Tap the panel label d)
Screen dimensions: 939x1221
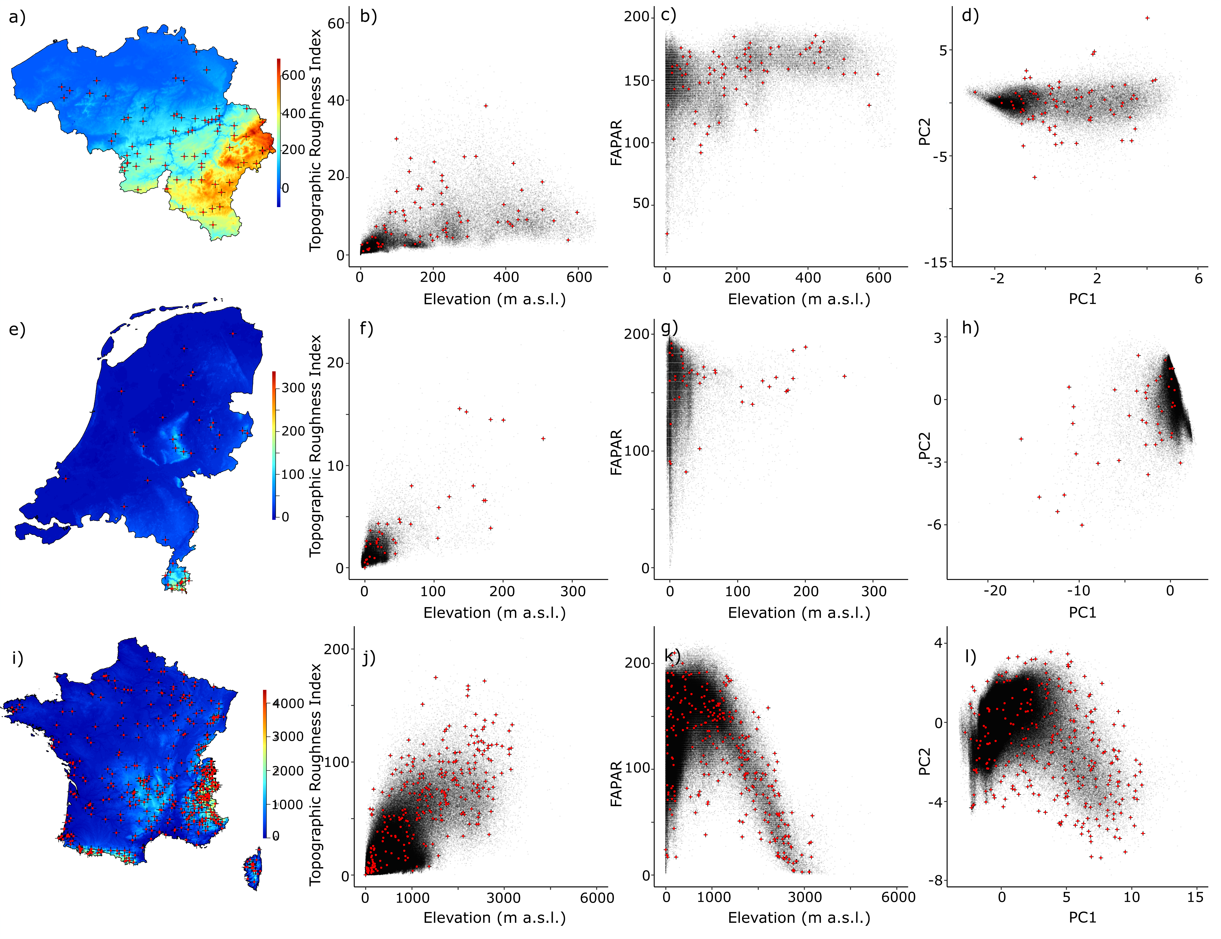[x=970, y=16]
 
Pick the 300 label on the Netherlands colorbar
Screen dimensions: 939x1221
[x=293, y=388]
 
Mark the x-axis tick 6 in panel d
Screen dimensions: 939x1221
[x=1198, y=278]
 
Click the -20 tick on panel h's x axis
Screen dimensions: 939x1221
[x=995, y=591]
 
